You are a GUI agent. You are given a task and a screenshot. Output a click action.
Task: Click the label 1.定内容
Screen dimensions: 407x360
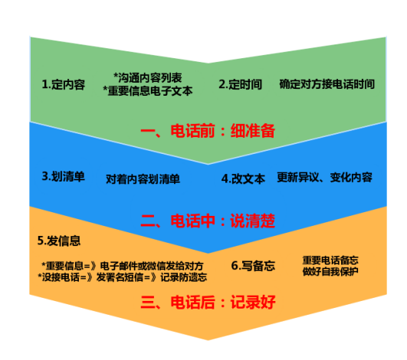point(64,84)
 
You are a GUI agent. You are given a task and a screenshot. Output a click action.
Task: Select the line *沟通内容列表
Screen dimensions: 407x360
point(148,77)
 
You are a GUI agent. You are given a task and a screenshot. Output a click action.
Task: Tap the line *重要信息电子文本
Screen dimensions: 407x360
point(148,91)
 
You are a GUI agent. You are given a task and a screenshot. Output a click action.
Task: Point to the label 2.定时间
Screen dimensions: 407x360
point(241,84)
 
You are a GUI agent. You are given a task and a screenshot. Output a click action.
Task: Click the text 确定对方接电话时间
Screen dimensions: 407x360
point(327,84)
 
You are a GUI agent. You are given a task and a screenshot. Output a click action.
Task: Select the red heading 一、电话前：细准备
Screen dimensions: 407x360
point(208,130)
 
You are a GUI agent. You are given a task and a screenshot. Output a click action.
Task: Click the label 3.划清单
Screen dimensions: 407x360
point(64,176)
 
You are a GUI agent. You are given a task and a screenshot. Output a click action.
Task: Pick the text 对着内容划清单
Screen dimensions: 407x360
point(143,179)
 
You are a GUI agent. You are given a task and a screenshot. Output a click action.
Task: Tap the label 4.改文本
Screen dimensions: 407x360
point(243,178)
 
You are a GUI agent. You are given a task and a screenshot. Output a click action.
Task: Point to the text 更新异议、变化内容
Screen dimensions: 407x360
point(325,178)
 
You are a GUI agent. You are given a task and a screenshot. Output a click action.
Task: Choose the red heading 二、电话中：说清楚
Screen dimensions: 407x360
point(208,221)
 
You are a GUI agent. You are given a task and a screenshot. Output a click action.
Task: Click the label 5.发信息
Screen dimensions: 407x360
point(59,241)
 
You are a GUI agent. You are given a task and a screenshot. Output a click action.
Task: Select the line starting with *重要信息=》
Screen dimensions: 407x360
point(123,266)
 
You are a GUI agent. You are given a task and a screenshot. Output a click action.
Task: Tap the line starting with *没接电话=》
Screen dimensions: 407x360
point(123,277)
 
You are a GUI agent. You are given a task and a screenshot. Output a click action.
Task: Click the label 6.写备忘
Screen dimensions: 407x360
point(253,266)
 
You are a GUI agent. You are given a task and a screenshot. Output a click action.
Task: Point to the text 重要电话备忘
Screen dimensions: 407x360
point(330,260)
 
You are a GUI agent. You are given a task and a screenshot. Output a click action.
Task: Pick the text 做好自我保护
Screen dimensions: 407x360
point(330,272)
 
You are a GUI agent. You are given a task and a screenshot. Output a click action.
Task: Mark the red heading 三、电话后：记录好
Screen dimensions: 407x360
point(208,302)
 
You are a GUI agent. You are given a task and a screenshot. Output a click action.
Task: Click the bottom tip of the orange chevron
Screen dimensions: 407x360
point(208,340)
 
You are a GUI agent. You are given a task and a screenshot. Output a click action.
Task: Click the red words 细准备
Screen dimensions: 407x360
point(253,130)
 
